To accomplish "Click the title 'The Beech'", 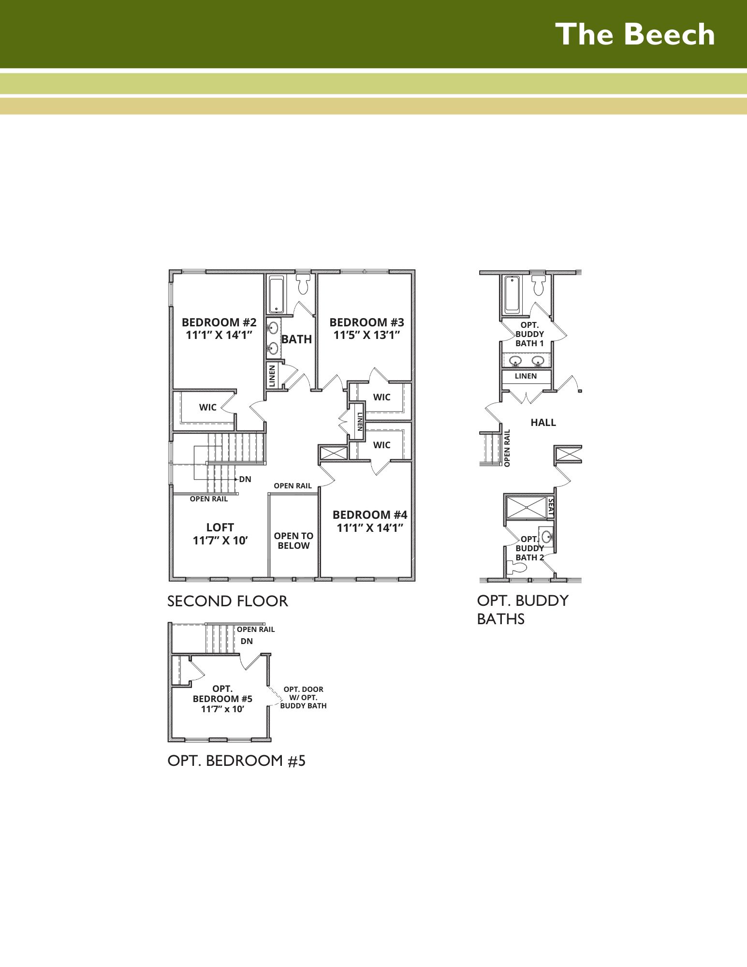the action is [635, 34].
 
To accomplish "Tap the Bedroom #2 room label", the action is [219, 322].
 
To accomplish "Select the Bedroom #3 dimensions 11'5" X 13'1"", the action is [366, 336].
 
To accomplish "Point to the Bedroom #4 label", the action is [370, 515].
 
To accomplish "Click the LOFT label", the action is [220, 527].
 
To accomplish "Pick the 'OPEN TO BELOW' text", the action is [293, 541].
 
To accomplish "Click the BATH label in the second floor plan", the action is [296, 339].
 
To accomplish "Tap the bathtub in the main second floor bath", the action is [277, 294].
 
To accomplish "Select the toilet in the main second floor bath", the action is [303, 284].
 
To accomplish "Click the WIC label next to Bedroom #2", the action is [208, 408].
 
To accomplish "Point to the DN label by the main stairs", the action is [245, 479].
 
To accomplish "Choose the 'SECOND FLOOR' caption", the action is [228, 601].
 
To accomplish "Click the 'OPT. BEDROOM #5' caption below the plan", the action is [236, 761].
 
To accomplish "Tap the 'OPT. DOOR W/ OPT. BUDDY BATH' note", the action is [303, 698].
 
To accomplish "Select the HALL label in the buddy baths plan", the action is [543, 423].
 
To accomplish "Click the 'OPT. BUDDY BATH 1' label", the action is [529, 334].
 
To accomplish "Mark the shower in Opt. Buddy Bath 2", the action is [526, 508].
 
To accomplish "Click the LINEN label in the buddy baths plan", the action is [526, 376].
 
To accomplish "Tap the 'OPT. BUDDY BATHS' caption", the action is [523, 610].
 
